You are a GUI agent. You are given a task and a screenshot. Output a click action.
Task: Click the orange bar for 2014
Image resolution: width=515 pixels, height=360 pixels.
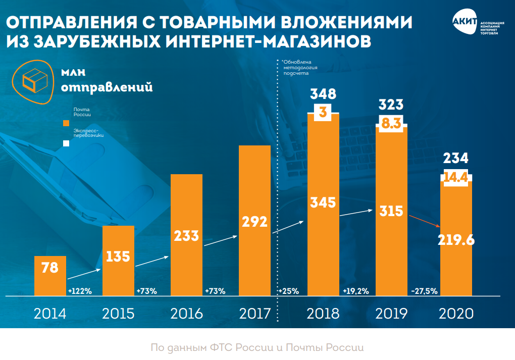[x=50, y=276]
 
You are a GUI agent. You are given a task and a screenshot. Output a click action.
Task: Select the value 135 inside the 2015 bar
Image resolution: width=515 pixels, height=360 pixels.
[x=119, y=256]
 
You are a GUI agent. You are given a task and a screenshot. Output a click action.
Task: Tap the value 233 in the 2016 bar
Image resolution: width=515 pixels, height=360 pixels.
[x=187, y=236]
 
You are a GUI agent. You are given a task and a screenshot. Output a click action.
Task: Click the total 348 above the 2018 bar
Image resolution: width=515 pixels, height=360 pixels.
[x=323, y=93]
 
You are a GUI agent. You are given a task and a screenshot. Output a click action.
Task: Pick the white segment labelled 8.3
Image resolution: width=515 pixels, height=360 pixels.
[x=392, y=123]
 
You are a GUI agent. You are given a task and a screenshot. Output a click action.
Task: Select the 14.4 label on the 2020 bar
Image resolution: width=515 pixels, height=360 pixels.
[x=456, y=177]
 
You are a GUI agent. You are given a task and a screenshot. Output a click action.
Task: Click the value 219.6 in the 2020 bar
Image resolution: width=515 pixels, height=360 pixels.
[x=456, y=240]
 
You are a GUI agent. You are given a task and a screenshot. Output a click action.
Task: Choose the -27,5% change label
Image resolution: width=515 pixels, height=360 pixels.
[x=425, y=291]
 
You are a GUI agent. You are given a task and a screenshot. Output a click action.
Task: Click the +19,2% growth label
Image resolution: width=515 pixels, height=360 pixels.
[x=355, y=291]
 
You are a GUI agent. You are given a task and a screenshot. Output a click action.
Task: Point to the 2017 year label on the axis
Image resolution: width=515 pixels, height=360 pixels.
[x=255, y=314]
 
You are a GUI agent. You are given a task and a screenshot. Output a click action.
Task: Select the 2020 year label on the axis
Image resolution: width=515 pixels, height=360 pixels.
[x=456, y=314]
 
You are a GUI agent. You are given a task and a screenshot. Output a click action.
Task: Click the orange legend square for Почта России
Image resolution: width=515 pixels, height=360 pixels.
[x=66, y=123]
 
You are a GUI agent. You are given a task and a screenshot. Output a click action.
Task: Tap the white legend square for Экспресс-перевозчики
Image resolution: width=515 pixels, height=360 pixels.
[x=66, y=143]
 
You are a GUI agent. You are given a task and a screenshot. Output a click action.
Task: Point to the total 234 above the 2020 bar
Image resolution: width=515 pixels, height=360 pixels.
[x=456, y=158]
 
